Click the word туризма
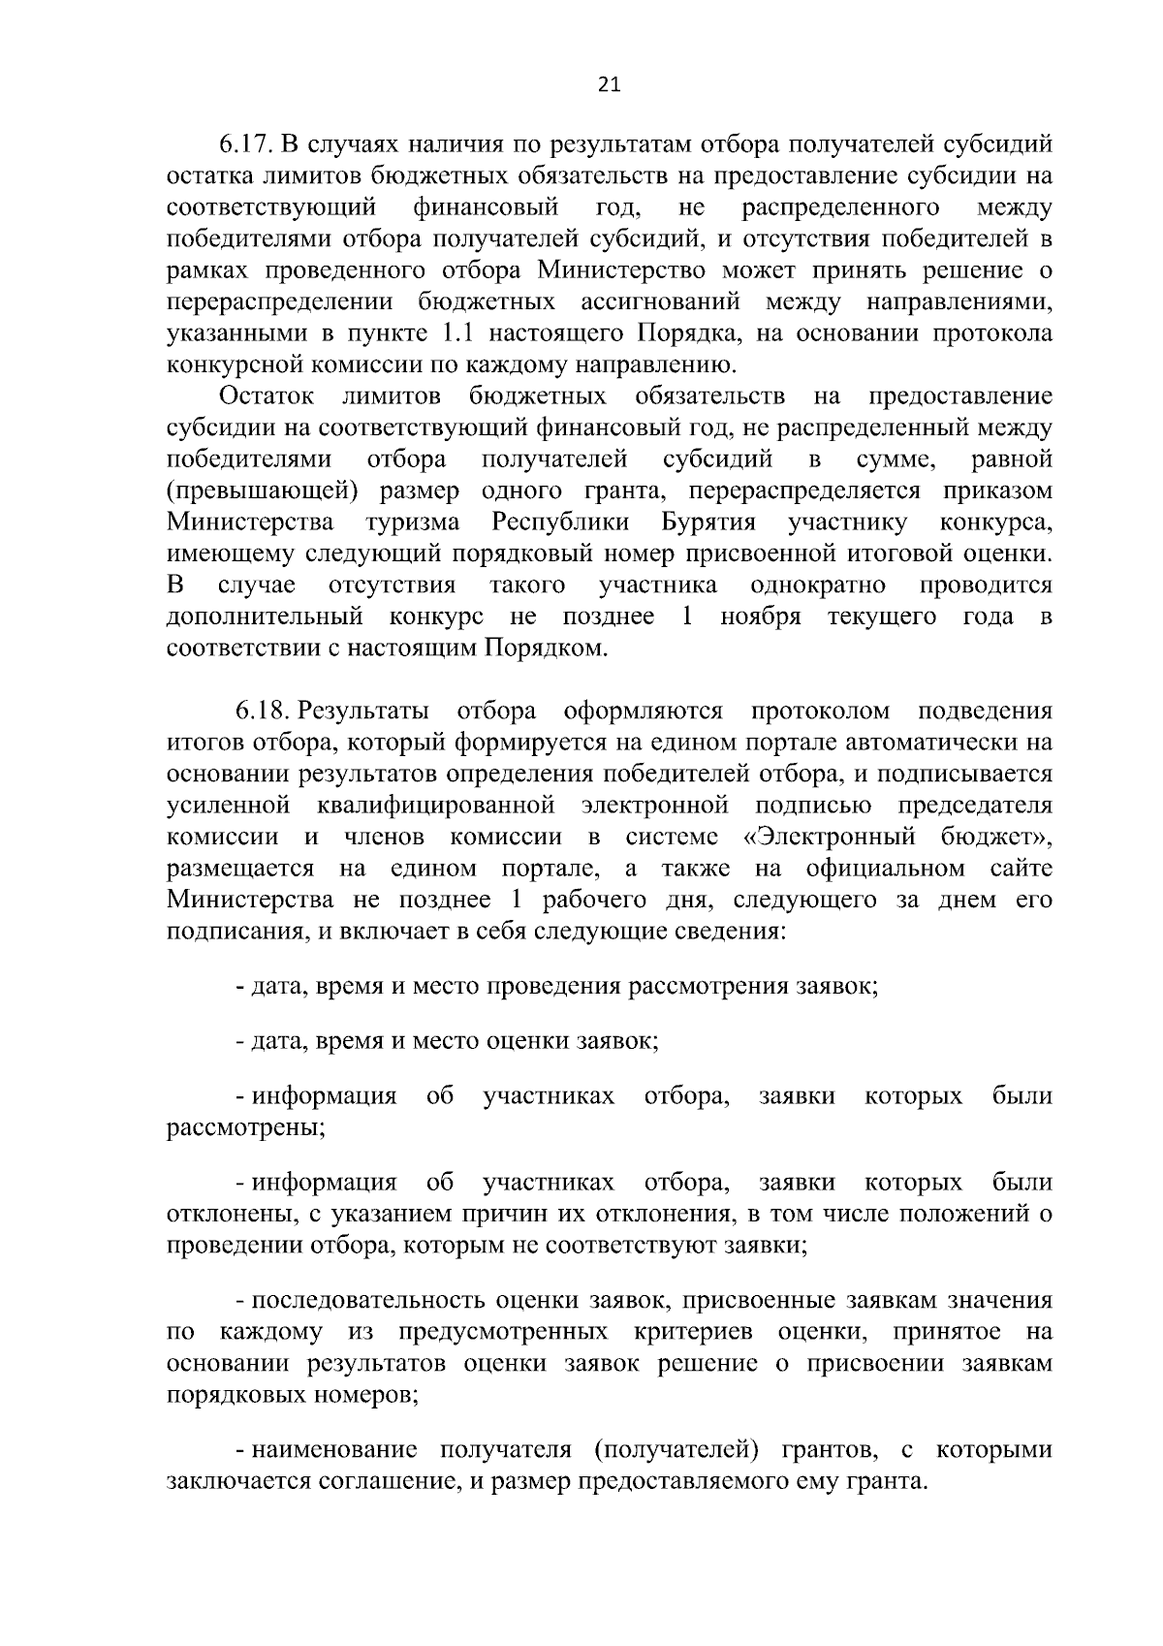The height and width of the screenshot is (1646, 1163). click(x=413, y=522)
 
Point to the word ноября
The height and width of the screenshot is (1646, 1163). click(x=760, y=617)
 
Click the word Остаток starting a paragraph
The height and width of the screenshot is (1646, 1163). click(x=267, y=396)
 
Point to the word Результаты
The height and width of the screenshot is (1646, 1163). click(x=363, y=711)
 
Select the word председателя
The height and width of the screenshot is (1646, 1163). click(x=975, y=806)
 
